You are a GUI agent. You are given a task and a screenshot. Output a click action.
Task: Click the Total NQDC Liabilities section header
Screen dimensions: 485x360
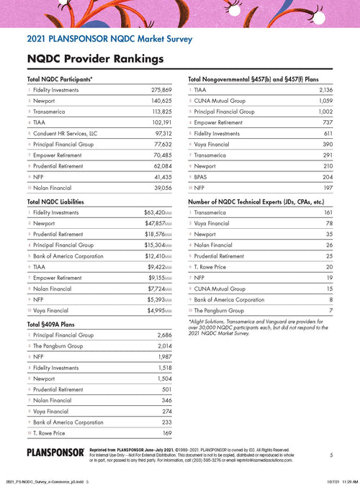point(63,202)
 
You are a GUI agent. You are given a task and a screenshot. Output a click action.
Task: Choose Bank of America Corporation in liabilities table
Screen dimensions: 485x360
point(71,256)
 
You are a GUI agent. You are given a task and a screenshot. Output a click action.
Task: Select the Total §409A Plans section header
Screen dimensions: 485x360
point(54,325)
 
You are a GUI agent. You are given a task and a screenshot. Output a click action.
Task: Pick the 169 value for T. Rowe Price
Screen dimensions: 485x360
point(166,433)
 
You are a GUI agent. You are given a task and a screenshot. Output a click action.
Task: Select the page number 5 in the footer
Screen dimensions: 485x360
point(330,455)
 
